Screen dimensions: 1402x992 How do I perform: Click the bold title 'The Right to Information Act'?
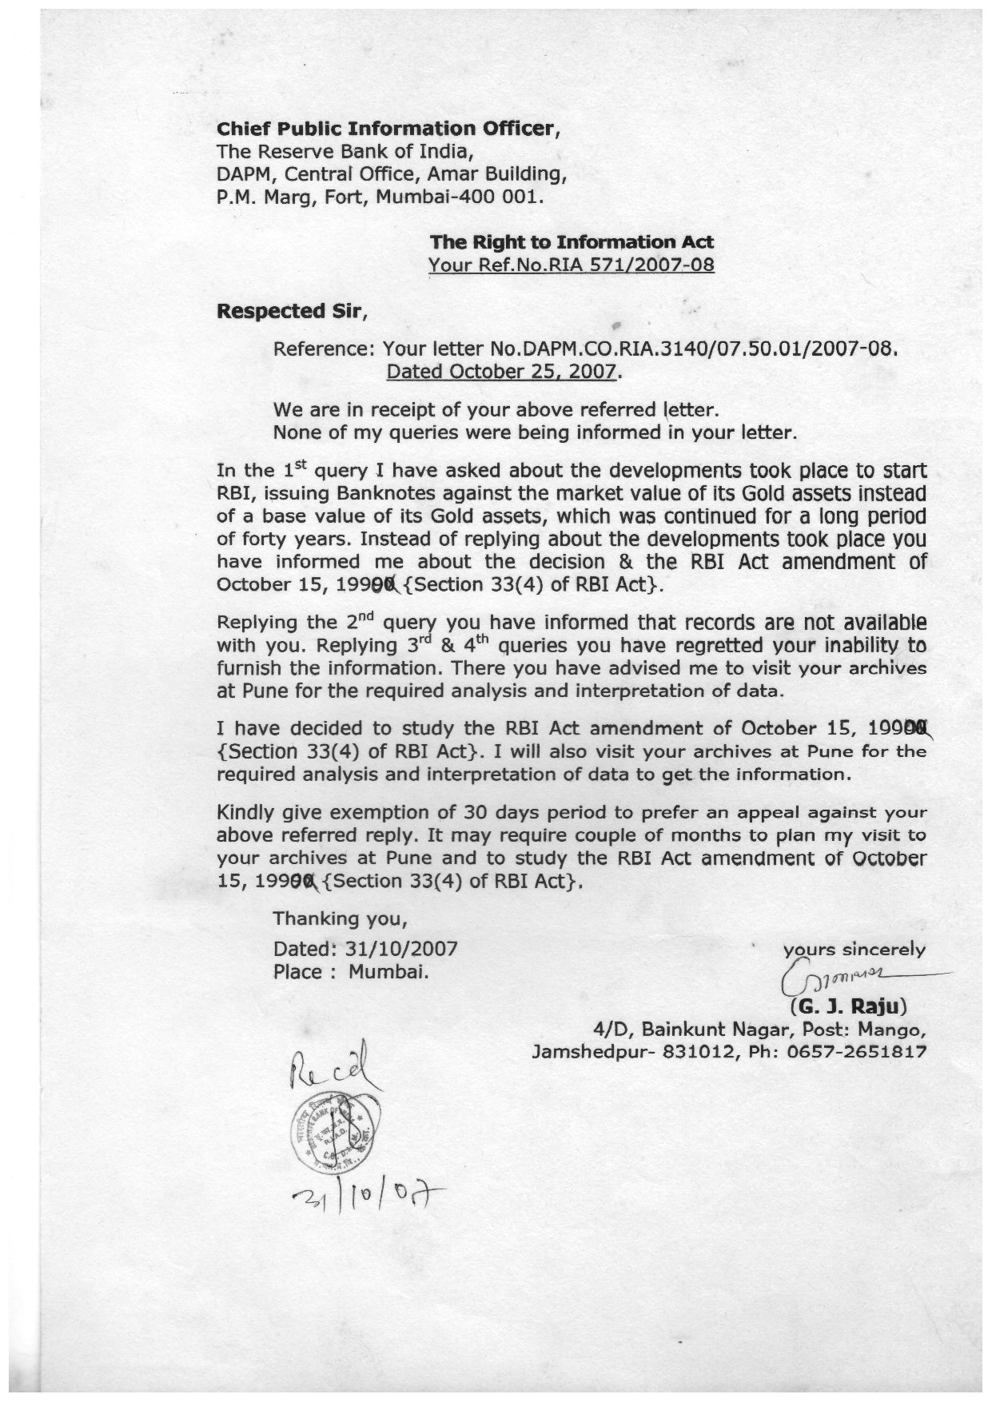click(x=572, y=241)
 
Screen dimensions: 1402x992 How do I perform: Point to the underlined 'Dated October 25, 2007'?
click(x=502, y=372)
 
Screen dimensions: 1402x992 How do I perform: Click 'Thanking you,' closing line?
click(x=341, y=919)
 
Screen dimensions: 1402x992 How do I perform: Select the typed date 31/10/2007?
click(x=401, y=949)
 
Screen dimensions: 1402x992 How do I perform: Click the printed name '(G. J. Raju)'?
click(x=848, y=1005)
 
